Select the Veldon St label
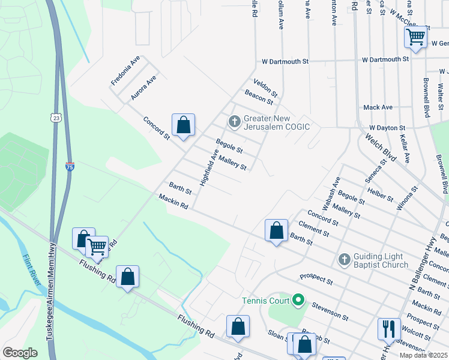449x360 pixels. point(265,87)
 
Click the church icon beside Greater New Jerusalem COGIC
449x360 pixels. point(234,122)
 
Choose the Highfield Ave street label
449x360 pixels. point(208,167)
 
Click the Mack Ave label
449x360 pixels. point(378,107)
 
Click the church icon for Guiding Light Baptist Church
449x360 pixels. point(344,259)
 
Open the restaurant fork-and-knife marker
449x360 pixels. point(388,328)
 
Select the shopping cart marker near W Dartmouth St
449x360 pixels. point(415,37)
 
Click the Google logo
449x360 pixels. point(20,353)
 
